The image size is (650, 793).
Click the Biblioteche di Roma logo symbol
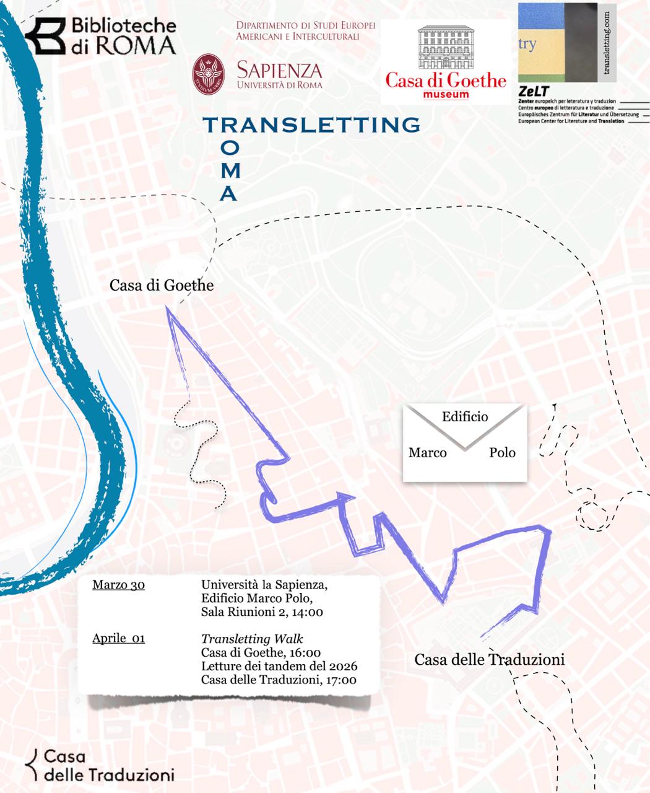tap(47, 36)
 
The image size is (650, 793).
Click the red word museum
tap(446, 95)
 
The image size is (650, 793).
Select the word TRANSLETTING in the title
tap(312, 125)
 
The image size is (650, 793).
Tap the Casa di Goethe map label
tap(162, 286)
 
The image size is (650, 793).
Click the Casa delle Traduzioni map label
tap(489, 660)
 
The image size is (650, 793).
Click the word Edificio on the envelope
tap(465, 417)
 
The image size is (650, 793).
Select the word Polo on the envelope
tap(502, 453)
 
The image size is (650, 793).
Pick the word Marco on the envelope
tap(427, 453)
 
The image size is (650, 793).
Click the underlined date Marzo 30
tap(118, 585)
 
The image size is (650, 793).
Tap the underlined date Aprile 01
tap(118, 638)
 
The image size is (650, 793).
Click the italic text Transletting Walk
tap(252, 639)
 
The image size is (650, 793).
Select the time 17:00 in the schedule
tap(340, 680)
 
